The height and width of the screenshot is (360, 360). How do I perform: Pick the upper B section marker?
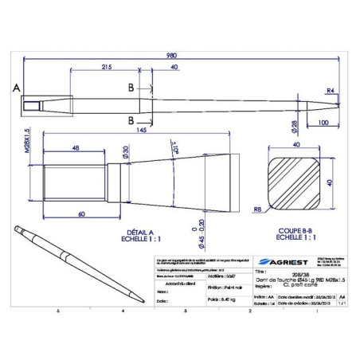point(129,88)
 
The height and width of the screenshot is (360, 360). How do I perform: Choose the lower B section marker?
point(129,120)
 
